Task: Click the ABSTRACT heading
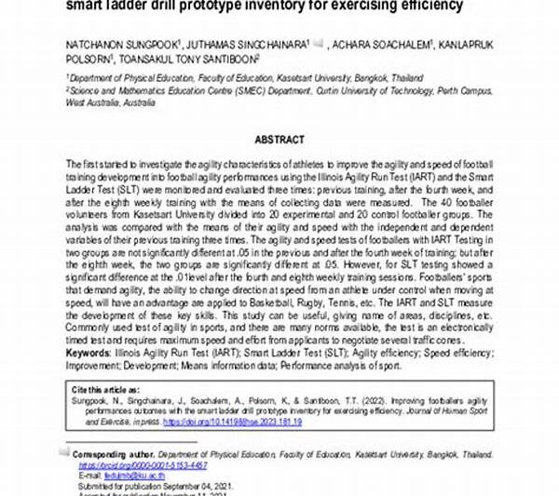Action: (x=279, y=140)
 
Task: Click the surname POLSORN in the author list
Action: (x=89, y=58)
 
